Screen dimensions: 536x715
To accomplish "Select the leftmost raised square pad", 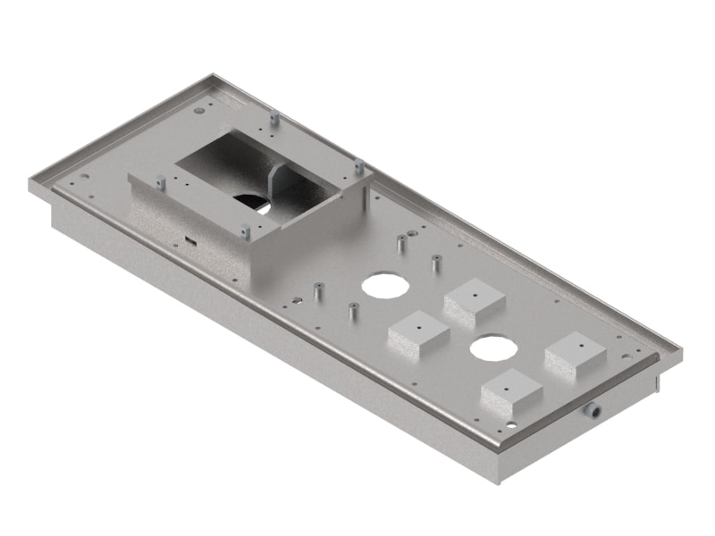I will click(x=418, y=333).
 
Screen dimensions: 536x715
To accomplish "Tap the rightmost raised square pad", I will click(x=577, y=353).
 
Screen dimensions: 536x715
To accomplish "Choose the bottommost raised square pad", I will click(x=511, y=390).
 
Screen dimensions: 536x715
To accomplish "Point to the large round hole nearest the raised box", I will click(x=383, y=285).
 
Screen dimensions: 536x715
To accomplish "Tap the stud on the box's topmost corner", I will click(x=274, y=117).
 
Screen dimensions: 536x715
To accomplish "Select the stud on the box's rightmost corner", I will click(x=358, y=165).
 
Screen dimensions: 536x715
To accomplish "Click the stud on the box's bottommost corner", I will click(x=245, y=232).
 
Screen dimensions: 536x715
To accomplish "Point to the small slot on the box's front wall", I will click(x=190, y=239).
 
